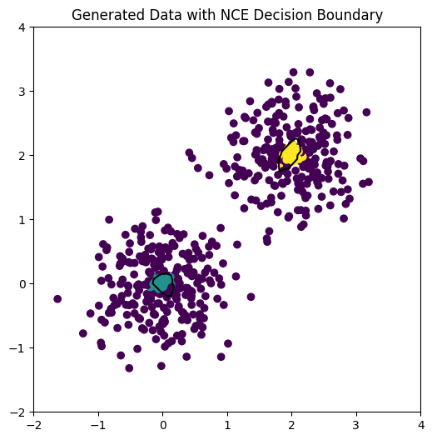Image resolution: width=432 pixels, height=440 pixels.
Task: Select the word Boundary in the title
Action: coord(353,15)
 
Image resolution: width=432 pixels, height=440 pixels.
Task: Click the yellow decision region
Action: coord(291,154)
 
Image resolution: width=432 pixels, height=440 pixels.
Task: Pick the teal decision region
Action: coord(161,283)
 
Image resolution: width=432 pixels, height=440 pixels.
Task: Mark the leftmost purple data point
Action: coord(57,298)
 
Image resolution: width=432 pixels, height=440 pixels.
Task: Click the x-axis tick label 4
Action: coord(421,425)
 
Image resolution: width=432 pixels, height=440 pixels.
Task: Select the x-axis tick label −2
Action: coord(34,425)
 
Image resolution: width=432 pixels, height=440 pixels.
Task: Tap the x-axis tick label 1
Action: coord(227,425)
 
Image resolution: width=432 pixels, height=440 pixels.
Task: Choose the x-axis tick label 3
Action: coord(356,425)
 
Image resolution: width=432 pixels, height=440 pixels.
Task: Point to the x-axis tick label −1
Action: coord(98,425)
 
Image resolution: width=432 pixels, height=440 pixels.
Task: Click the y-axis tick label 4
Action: coord(22,27)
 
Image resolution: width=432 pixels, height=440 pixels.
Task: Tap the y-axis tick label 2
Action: coord(22,156)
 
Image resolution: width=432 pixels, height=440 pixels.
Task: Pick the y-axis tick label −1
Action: coord(18,348)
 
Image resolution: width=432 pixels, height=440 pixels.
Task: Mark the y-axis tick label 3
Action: coord(22,92)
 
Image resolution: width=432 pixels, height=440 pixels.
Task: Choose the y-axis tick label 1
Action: coord(22,220)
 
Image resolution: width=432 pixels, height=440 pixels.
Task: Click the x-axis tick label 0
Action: coord(163,425)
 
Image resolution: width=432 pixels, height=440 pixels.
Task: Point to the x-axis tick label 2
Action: coord(292,425)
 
